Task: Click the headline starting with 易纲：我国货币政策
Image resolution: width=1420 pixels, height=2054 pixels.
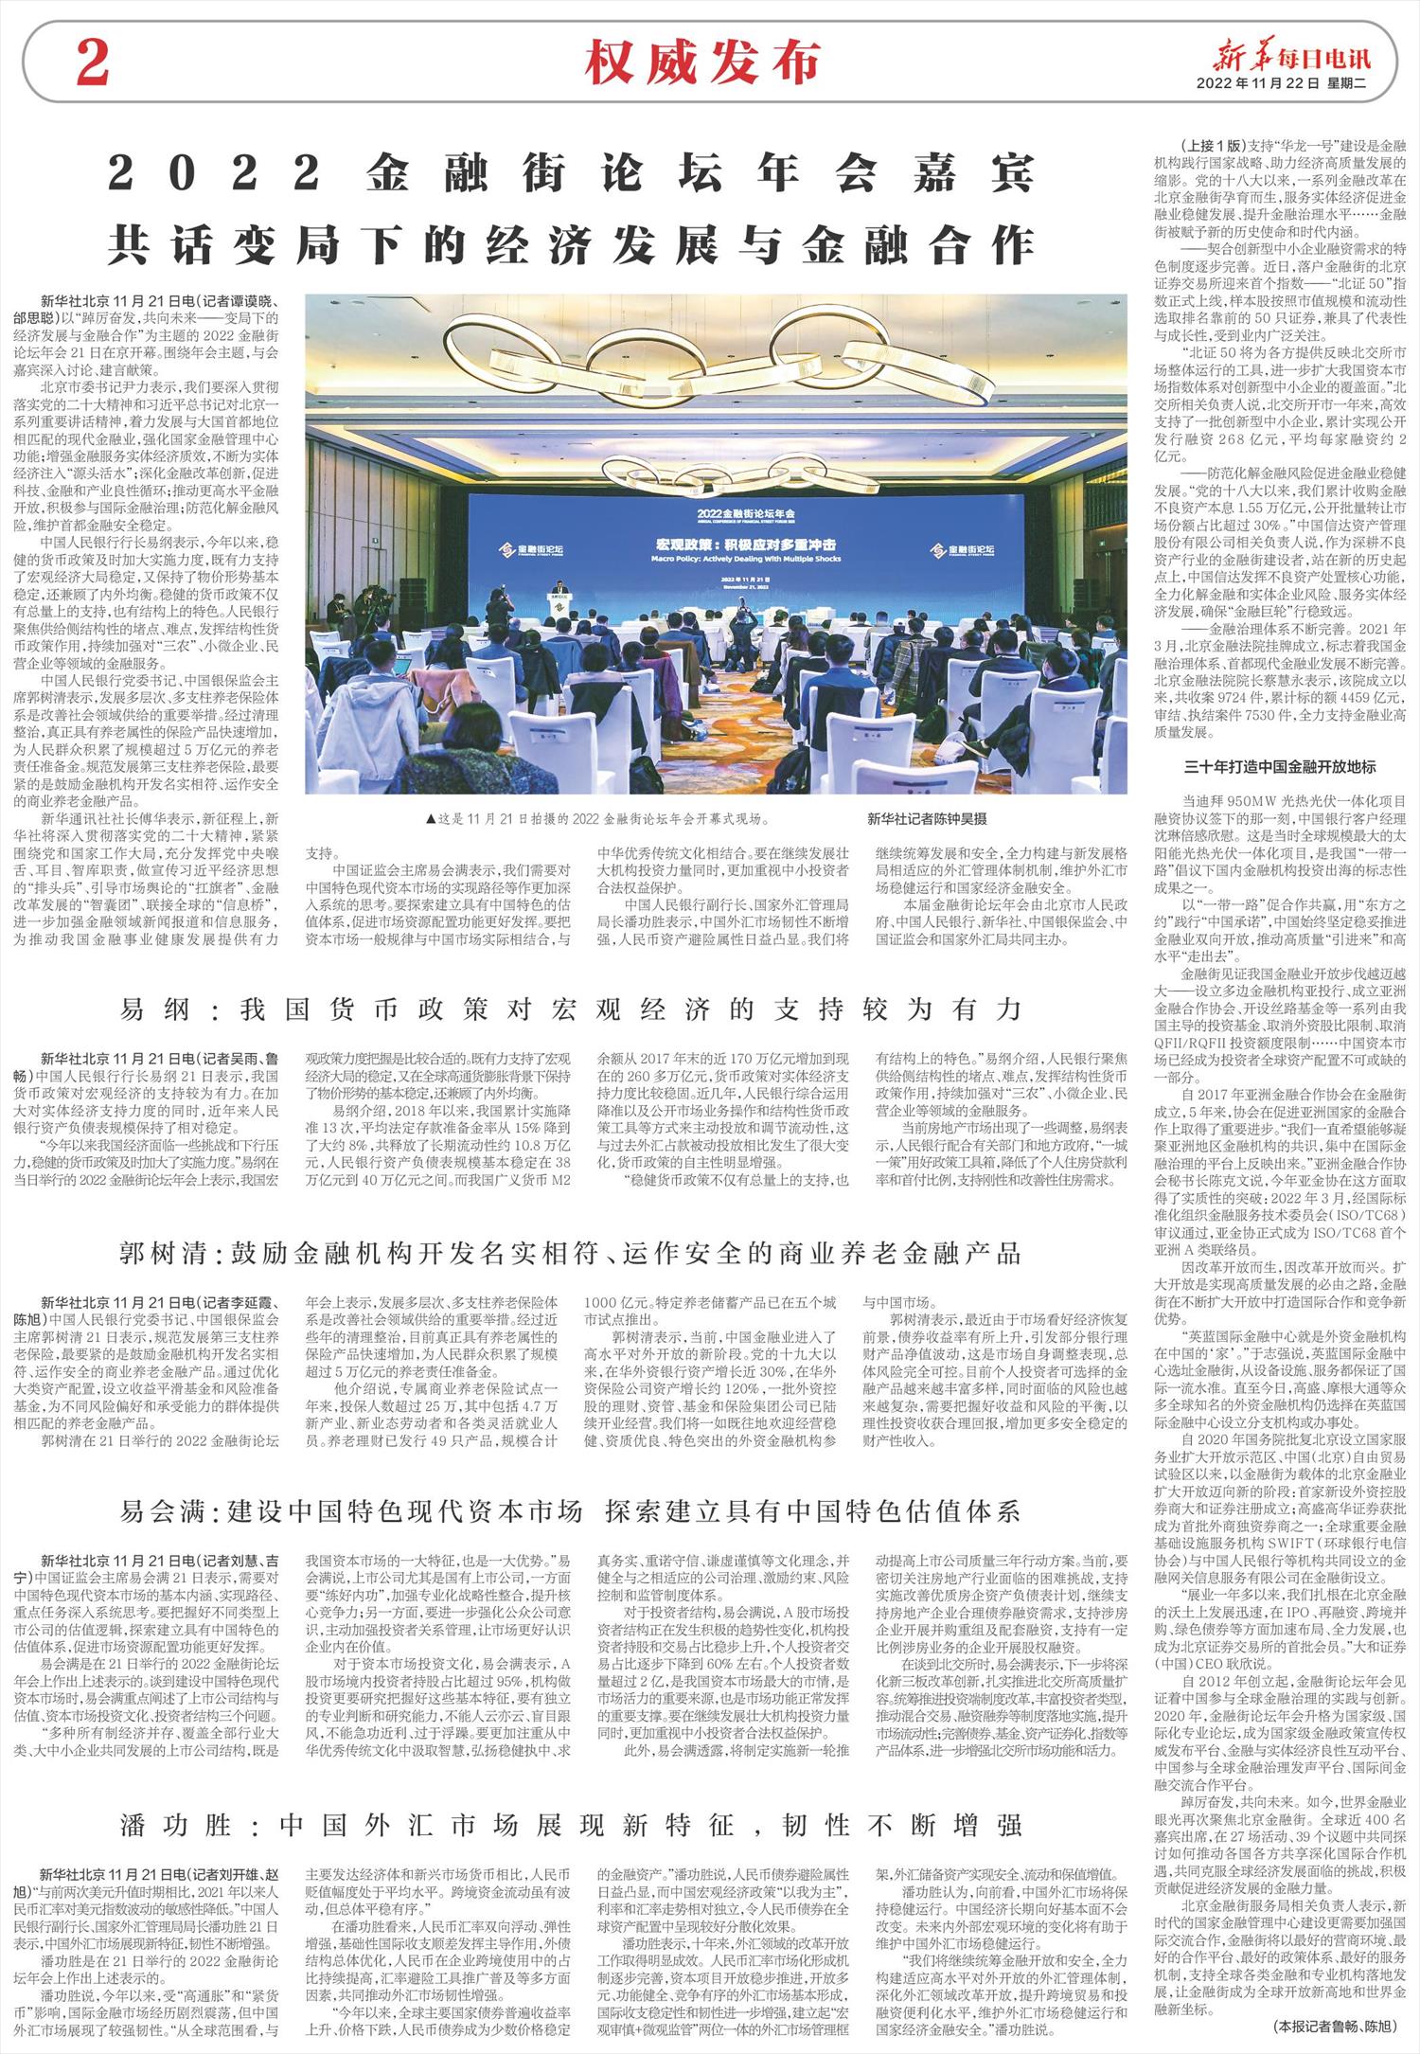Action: click(571, 1009)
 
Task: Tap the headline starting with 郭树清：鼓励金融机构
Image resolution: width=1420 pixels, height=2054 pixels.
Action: click(571, 1253)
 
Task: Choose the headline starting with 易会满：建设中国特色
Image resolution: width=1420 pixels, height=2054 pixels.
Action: click(571, 1510)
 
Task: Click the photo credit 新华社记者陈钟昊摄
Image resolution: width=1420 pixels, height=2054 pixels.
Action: click(926, 818)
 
